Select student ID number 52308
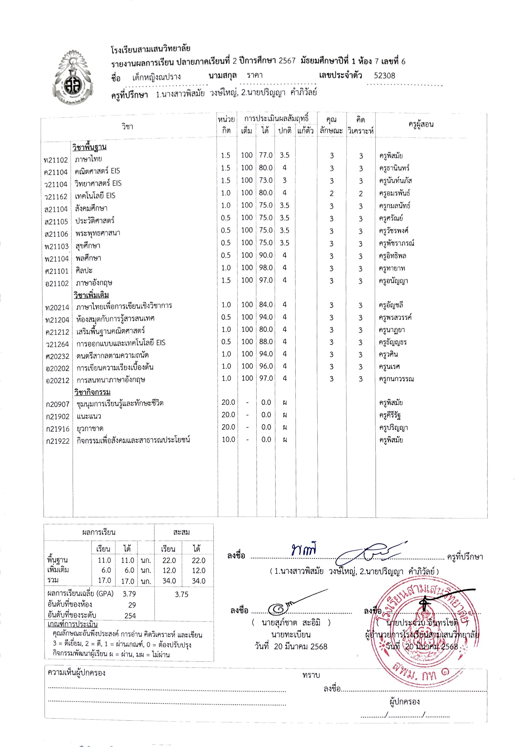384,76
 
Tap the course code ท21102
56,160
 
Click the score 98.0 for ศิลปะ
266,268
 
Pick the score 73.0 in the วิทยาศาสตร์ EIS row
266,180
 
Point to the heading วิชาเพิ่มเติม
91,295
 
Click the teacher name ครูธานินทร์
394,168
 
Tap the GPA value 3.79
129,594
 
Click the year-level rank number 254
130,616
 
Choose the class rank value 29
132,605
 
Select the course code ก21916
58,429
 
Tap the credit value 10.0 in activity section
228,439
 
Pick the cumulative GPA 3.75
181,595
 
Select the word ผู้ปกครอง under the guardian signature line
404,702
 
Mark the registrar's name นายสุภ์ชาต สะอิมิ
291,622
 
